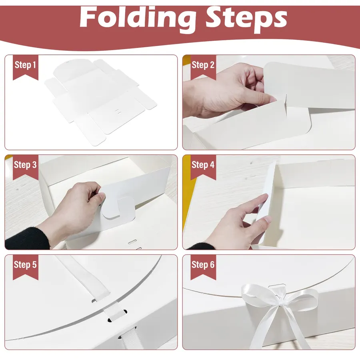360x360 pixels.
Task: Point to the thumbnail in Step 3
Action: click(102, 196)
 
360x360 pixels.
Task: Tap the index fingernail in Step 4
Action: click(268, 219)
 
